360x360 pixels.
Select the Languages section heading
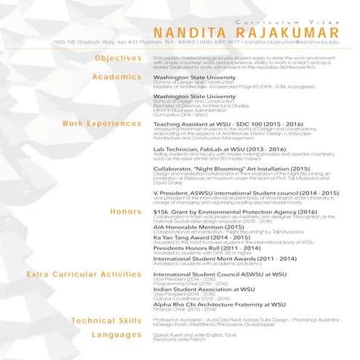point(116,335)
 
